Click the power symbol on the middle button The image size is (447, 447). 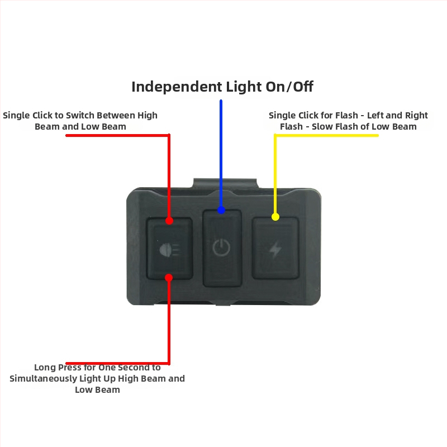click(221, 248)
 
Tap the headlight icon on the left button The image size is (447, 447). click(170, 250)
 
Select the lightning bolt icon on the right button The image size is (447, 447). click(275, 249)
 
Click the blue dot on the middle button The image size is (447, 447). click(221, 210)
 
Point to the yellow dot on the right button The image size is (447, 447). click(275, 217)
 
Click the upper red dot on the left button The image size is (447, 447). click(169, 221)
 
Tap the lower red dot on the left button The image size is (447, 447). click(169, 278)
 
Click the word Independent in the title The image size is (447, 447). click(177, 87)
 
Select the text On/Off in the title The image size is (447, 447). click(289, 87)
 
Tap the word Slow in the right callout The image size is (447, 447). click(324, 126)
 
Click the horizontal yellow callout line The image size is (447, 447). click(326, 135)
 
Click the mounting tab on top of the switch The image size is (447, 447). click(225, 183)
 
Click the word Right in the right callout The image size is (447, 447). click(416, 115)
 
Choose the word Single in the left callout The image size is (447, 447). click(16, 115)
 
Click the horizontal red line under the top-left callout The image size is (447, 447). click(117, 135)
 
